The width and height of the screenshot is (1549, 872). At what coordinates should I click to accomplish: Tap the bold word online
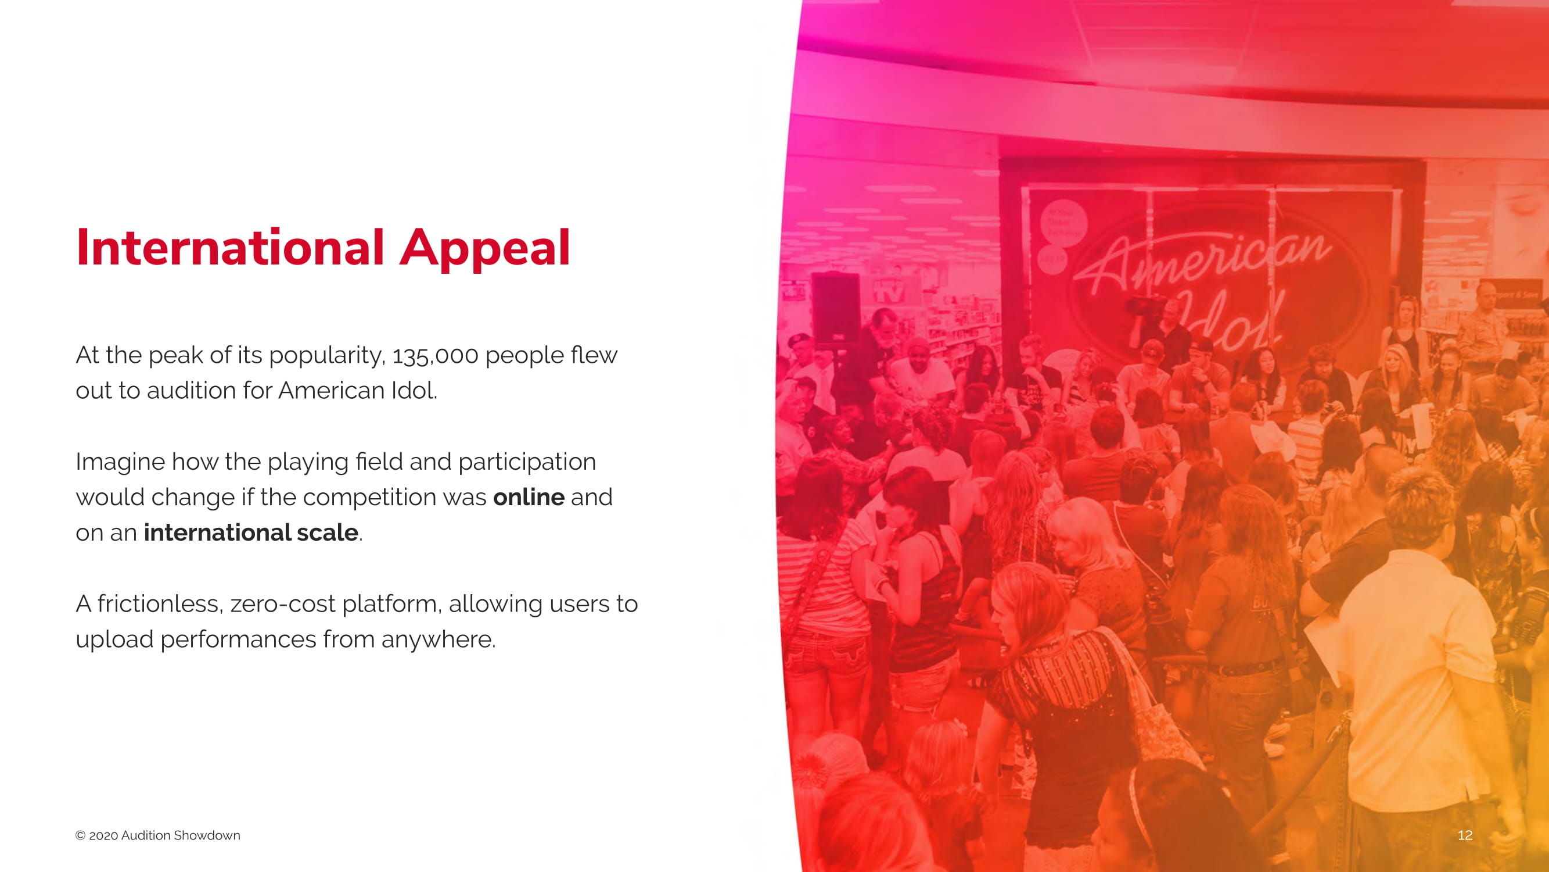coord(529,497)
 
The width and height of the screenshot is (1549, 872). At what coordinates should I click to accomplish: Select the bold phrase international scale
coord(251,533)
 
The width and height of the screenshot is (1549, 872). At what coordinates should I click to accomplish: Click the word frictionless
coord(160,603)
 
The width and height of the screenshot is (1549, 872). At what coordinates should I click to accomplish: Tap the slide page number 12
coord(1465,835)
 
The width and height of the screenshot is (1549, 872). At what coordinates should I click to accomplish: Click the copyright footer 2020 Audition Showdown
coord(157,835)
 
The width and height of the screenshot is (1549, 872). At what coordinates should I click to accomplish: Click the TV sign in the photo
coord(889,292)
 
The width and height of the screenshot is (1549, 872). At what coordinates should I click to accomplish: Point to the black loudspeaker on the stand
coord(836,310)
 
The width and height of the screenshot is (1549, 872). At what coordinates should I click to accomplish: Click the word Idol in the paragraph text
coord(414,391)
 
